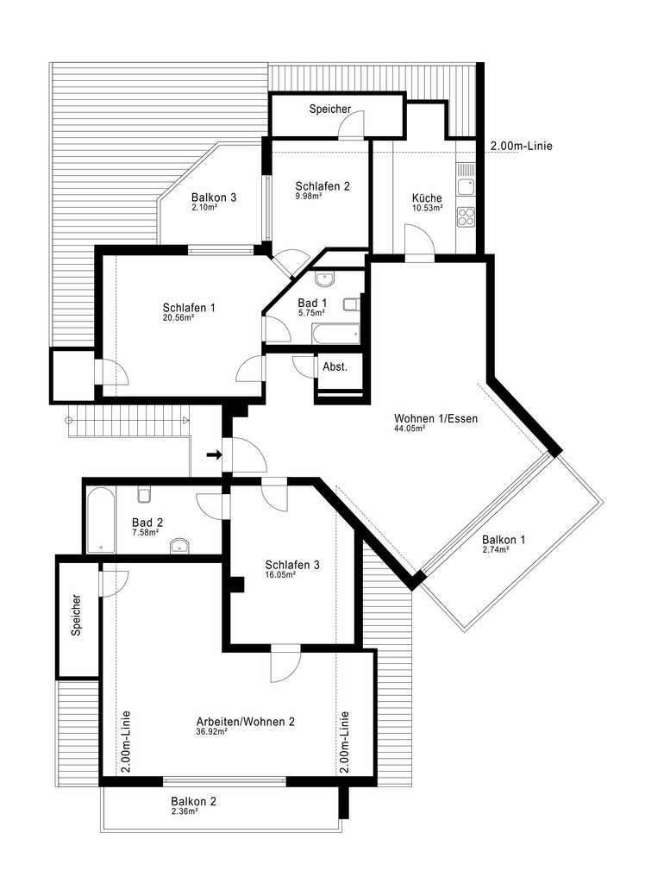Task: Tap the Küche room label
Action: tap(427, 198)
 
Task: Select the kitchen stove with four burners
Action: tap(466, 216)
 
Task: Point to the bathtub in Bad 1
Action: tap(336, 334)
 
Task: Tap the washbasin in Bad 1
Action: tap(325, 279)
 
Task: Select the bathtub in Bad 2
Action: tap(101, 520)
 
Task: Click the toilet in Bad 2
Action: tap(145, 493)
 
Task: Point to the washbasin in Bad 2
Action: tap(180, 544)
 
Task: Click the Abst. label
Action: tap(335, 366)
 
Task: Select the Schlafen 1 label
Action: tap(189, 308)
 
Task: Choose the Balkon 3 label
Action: tap(214, 197)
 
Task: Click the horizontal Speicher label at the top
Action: tap(330, 110)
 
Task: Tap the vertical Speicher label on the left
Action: tap(77, 616)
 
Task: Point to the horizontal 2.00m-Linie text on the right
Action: tap(521, 146)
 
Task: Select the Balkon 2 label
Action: tap(193, 801)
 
